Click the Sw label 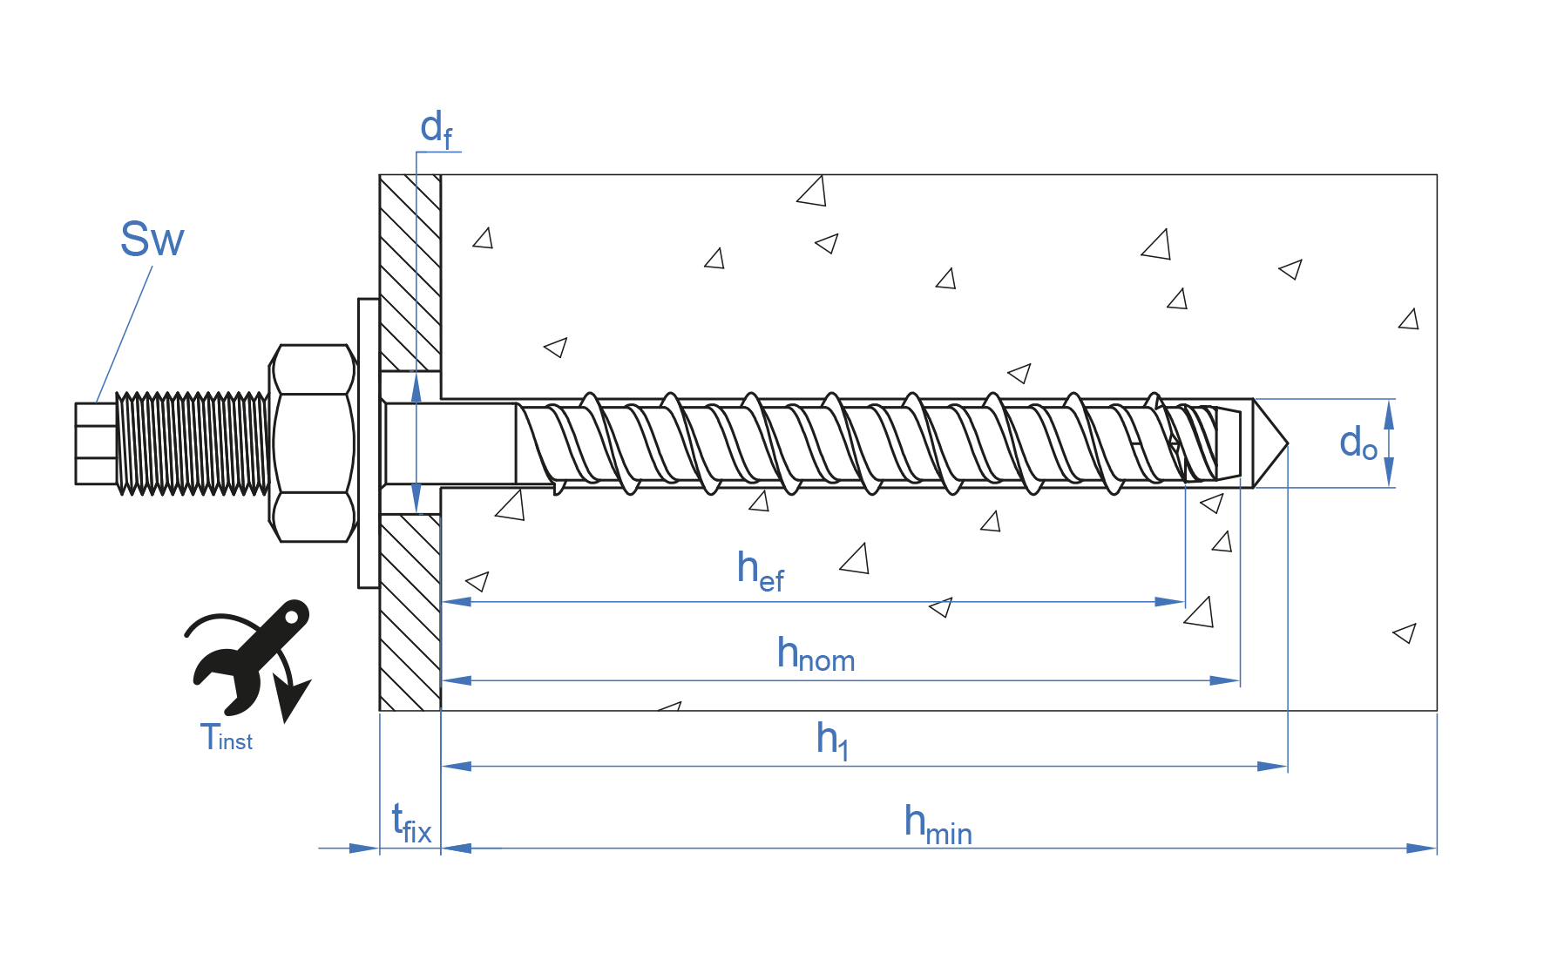click(x=152, y=239)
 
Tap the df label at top click(x=436, y=129)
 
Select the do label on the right click(x=1357, y=443)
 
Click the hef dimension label click(x=760, y=571)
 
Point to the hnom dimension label click(x=815, y=654)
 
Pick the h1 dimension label click(x=831, y=740)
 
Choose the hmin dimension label click(x=937, y=823)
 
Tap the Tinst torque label click(x=226, y=739)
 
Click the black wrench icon click(x=253, y=653)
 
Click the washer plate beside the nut click(x=369, y=443)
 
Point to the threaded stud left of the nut click(x=192, y=443)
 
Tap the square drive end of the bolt click(x=95, y=443)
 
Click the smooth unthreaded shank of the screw click(x=450, y=443)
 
